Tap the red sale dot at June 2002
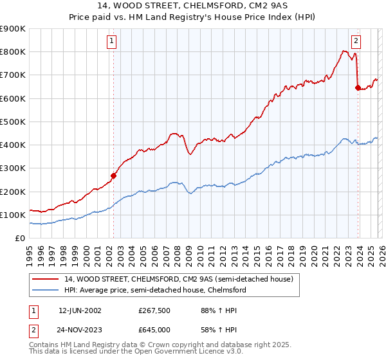(113, 175)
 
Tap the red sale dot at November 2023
(358, 88)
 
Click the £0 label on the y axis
(19, 238)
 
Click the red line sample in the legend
(45, 280)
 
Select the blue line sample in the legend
(45, 291)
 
